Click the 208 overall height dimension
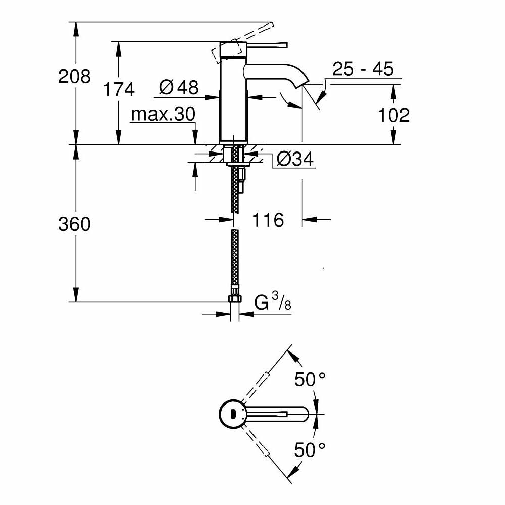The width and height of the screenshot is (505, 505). click(x=74, y=77)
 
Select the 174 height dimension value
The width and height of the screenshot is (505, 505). click(x=119, y=89)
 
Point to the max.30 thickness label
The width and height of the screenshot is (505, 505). click(x=163, y=115)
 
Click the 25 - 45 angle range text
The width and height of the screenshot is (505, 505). click(x=363, y=69)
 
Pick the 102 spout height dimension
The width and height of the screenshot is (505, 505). click(x=394, y=115)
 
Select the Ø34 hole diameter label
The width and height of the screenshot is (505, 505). click(x=295, y=160)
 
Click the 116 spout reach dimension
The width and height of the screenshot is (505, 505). click(x=268, y=220)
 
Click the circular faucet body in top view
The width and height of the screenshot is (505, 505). click(x=232, y=415)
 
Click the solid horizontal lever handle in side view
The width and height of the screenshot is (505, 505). click(x=268, y=45)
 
